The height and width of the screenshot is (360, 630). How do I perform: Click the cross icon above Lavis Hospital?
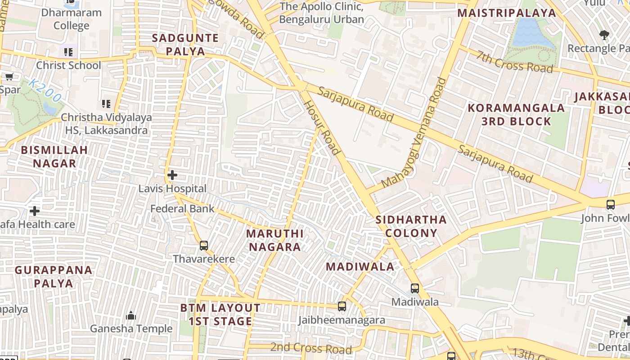click(172, 175)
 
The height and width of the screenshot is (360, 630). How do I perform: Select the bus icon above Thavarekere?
click(204, 246)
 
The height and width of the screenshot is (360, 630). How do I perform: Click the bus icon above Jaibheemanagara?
click(342, 306)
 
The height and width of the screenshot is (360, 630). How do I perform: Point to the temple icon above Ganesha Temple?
click(131, 315)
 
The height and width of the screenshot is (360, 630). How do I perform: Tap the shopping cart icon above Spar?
click(9, 76)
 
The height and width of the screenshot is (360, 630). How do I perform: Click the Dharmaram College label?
click(72, 19)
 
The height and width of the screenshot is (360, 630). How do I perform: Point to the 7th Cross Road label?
click(515, 62)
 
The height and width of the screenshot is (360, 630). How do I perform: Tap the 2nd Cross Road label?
click(311, 348)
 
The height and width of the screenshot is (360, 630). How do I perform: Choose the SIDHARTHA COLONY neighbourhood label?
click(411, 226)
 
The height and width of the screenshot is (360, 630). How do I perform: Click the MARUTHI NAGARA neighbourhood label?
click(275, 240)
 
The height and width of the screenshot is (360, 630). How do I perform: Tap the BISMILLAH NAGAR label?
click(54, 156)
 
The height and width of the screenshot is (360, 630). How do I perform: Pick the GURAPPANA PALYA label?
click(54, 277)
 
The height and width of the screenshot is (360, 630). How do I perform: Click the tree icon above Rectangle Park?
click(604, 35)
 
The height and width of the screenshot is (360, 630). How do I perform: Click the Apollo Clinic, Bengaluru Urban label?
click(321, 13)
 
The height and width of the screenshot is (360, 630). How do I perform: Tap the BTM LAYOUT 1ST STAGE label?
click(220, 315)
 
